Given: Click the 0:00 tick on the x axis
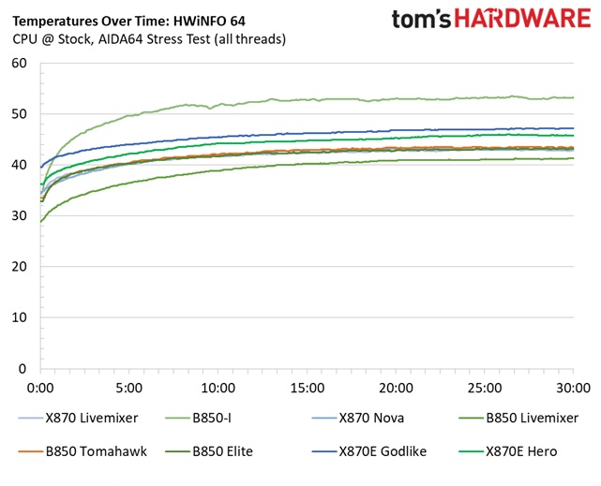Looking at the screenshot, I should click(40, 387).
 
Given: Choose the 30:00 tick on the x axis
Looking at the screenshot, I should click(573, 387).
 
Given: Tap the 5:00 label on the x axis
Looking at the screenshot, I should click(129, 387).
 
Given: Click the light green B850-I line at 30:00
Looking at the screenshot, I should click(572, 97).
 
